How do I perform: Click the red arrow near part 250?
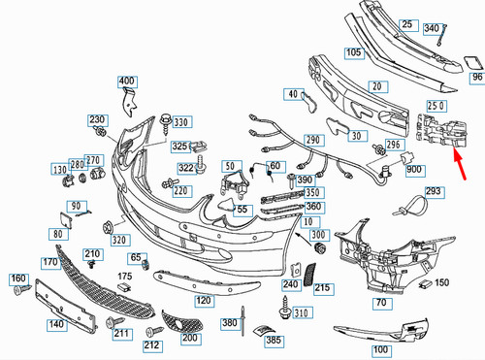coord(460,163)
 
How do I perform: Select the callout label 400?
coord(127,82)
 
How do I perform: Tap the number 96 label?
coord(477,78)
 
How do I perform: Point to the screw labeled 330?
coord(166,123)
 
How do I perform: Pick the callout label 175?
coord(125,276)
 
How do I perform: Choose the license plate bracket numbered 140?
coord(66,303)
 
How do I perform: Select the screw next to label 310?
coord(285,307)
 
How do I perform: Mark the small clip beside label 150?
coord(426,284)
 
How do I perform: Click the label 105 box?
coord(354,52)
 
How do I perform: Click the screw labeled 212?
coord(154,332)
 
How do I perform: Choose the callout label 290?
coord(313,141)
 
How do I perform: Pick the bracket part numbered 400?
coord(130,102)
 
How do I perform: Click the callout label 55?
coord(242,210)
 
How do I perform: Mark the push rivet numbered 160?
coord(22,289)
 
